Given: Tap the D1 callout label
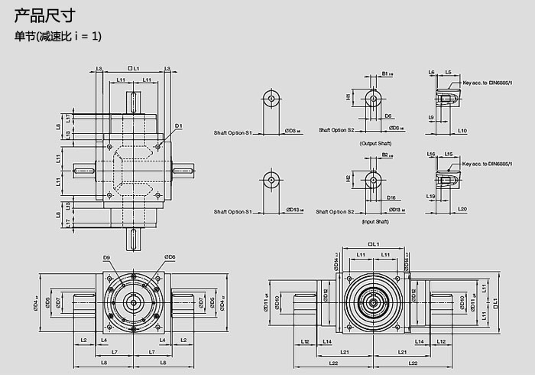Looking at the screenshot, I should pyautogui.click(x=178, y=125).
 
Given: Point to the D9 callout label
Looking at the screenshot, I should pyautogui.click(x=106, y=257).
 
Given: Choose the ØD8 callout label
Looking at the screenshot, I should pyautogui.click(x=170, y=257).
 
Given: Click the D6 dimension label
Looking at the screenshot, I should pyautogui.click(x=389, y=116).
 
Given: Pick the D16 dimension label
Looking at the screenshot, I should pyautogui.click(x=391, y=197).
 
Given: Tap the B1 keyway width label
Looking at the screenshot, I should pyautogui.click(x=385, y=74).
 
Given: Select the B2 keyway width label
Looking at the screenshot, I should pyautogui.click(x=385, y=155).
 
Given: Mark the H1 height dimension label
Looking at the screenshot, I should pyautogui.click(x=348, y=97).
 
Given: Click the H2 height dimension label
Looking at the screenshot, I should pyautogui.click(x=348, y=178).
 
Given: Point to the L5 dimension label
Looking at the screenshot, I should pyautogui.click(x=448, y=72).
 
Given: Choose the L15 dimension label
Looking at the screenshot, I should pyautogui.click(x=449, y=154).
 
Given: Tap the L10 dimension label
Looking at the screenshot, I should pyautogui.click(x=463, y=131).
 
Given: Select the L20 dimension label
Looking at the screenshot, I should pyautogui.click(x=463, y=209).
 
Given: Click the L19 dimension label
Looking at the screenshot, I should pyautogui.click(x=432, y=197).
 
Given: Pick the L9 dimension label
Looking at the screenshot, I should pyautogui.click(x=432, y=117).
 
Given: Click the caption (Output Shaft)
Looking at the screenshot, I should pyautogui.click(x=375, y=143).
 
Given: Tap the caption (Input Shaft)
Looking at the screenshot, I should pyautogui.click(x=375, y=221).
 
